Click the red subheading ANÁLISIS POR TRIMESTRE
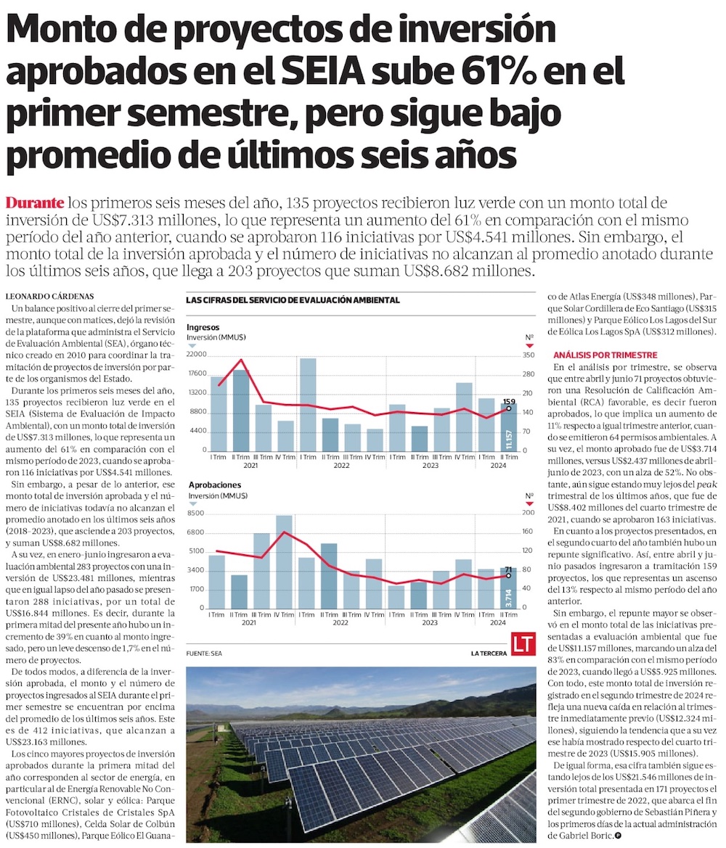click(x=605, y=355)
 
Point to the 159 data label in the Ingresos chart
click(x=509, y=401)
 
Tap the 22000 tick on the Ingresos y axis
click(x=197, y=355)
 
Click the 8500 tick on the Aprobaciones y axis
click(x=196, y=514)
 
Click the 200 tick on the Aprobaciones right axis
click(x=529, y=514)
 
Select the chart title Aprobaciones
click(x=213, y=484)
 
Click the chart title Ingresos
click(x=203, y=327)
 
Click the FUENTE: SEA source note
click(x=204, y=654)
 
